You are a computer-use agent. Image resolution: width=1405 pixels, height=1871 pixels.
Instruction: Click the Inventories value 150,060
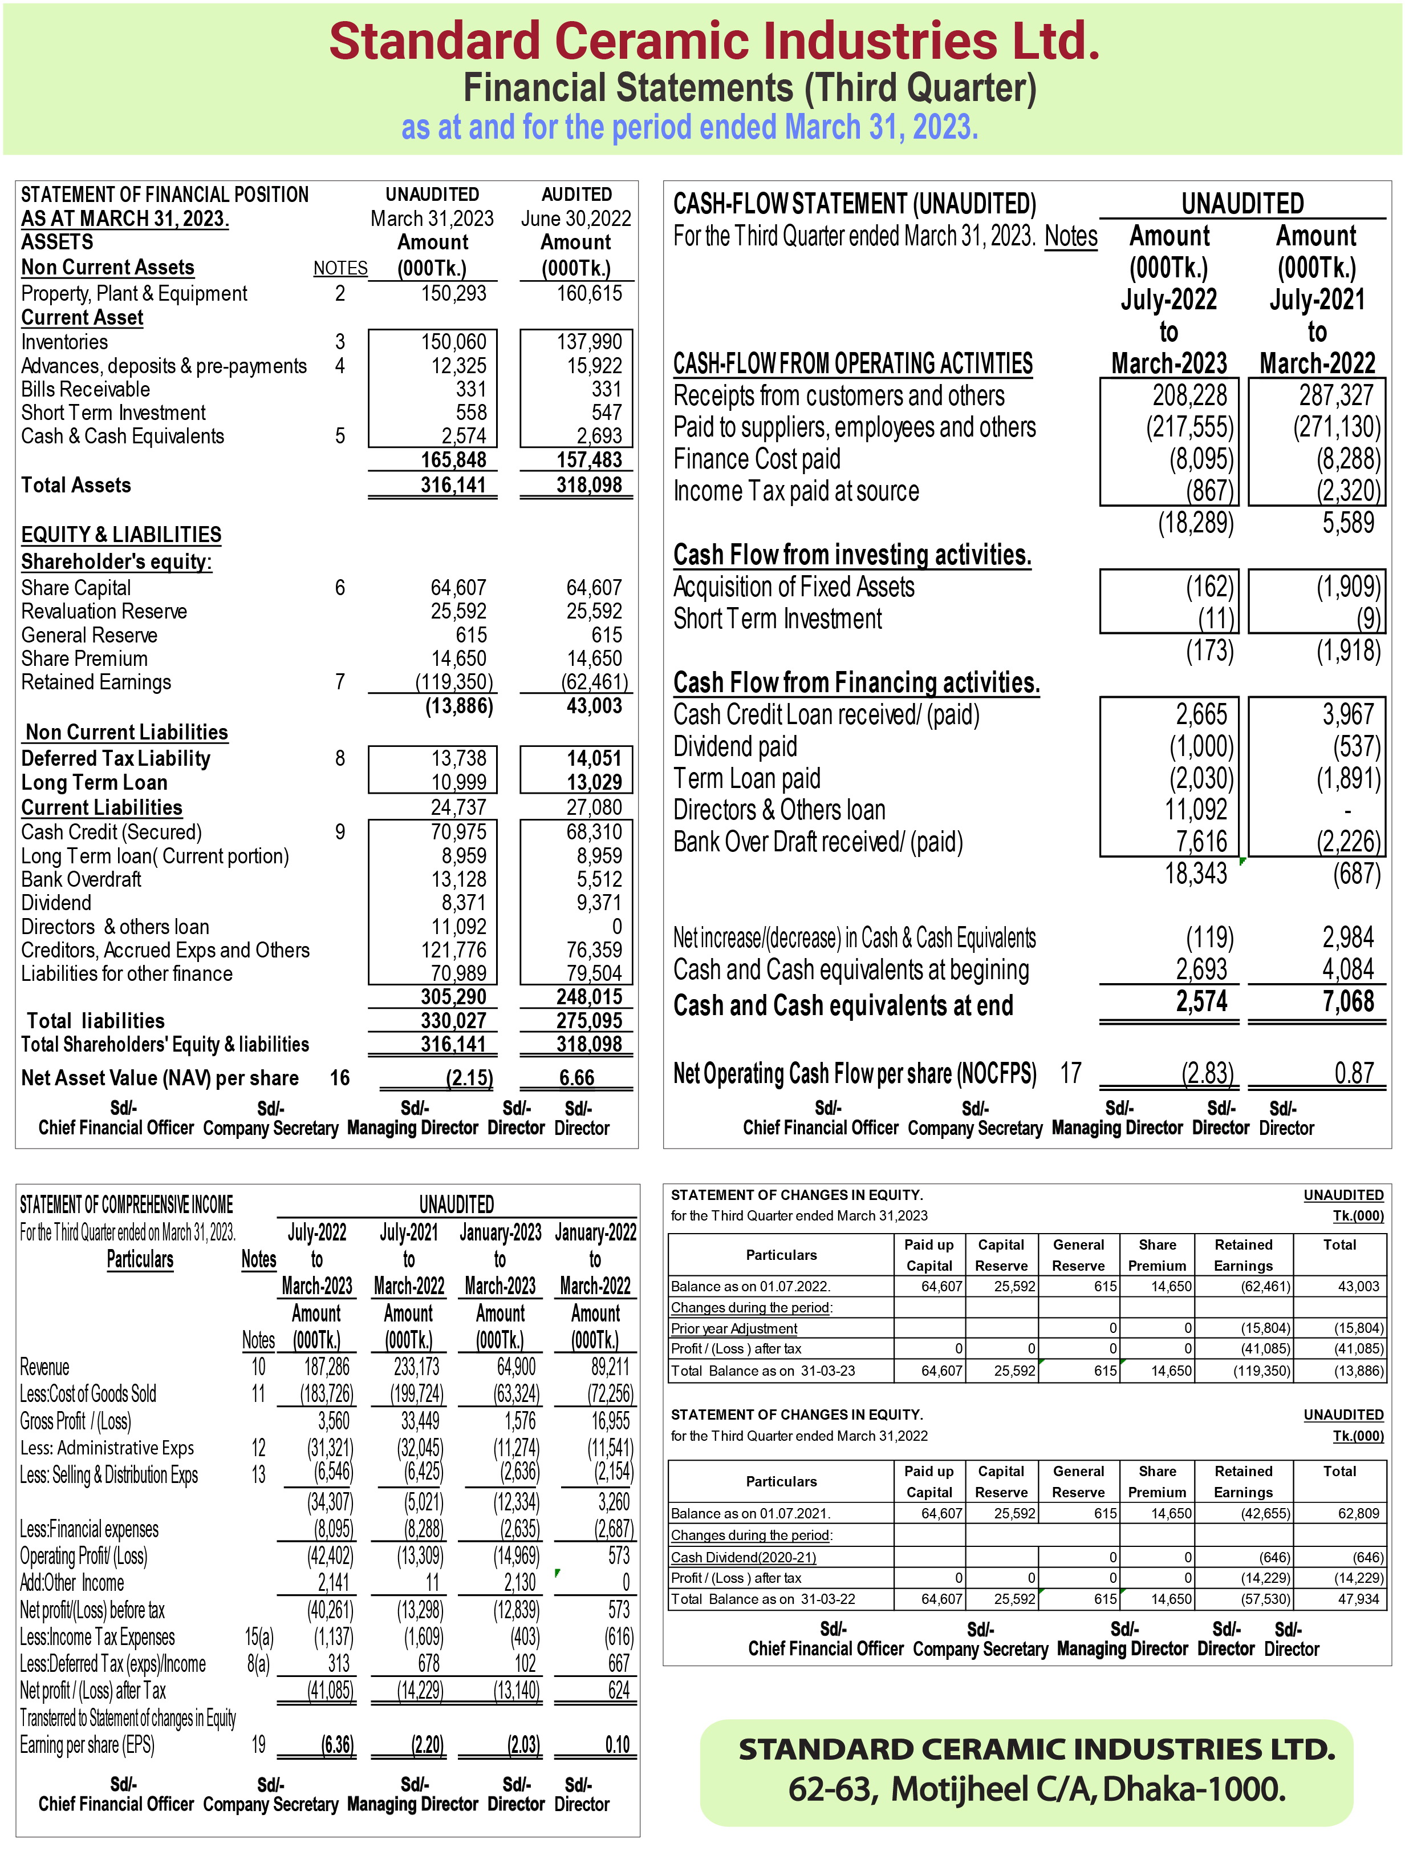click(453, 342)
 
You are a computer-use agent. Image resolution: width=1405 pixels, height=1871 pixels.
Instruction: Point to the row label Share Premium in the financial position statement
click(84, 658)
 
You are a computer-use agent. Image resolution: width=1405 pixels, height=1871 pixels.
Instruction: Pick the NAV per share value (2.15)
click(468, 1078)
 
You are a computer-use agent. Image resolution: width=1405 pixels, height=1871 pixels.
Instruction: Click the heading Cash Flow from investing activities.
click(851, 555)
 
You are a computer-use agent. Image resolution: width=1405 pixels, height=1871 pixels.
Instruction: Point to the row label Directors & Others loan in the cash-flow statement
click(778, 810)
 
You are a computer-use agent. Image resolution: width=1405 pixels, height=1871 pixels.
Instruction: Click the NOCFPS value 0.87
click(1354, 1073)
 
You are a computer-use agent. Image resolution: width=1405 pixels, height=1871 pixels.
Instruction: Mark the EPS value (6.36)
click(338, 1745)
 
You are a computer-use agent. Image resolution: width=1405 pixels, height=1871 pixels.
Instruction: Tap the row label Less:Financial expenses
click(89, 1529)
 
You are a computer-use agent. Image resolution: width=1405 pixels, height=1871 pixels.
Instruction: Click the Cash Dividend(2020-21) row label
click(743, 1557)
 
